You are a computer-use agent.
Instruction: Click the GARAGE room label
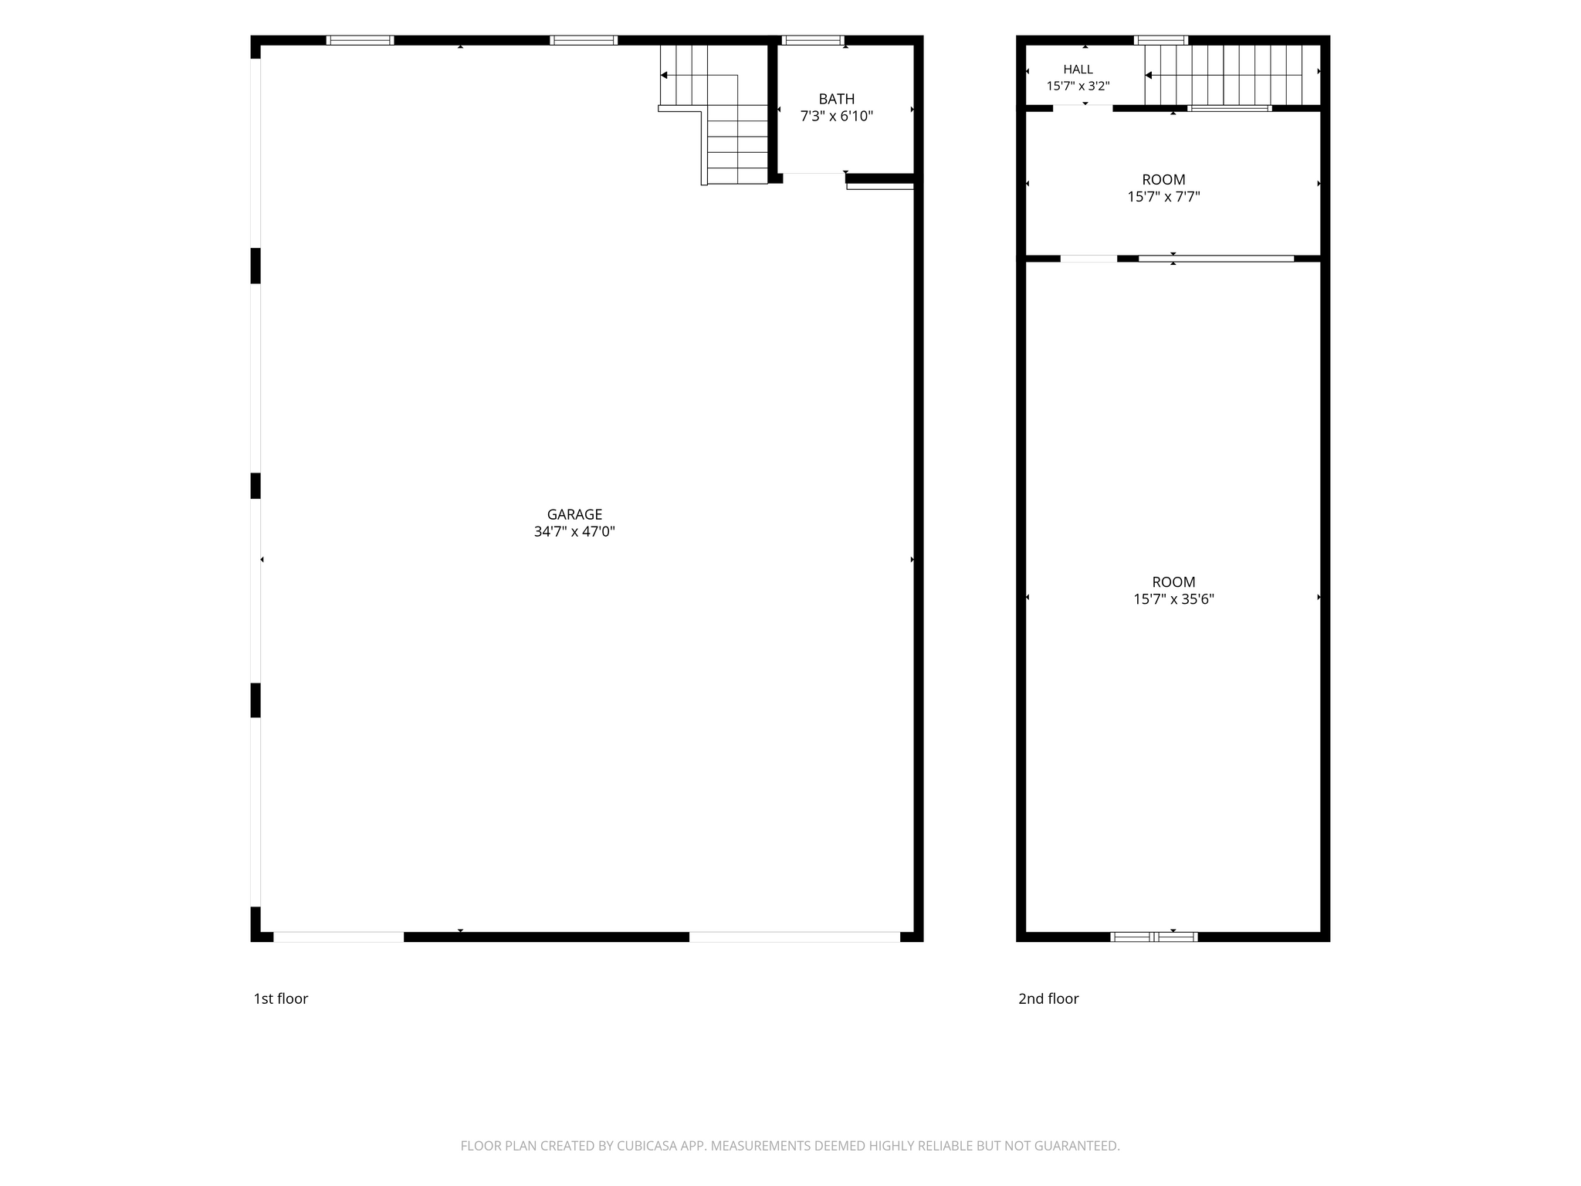[574, 514]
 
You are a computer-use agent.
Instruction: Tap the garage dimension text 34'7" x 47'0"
[574, 531]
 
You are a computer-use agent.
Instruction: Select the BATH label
[837, 99]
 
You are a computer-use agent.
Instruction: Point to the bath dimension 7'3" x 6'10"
[837, 116]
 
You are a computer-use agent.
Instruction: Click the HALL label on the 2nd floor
[1078, 69]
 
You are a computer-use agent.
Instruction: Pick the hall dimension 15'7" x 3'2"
[1078, 86]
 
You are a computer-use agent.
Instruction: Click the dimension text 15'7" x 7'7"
[1163, 196]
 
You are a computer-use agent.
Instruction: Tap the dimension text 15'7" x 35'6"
[1173, 599]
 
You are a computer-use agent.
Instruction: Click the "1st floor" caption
[281, 998]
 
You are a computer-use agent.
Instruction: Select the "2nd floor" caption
[1048, 998]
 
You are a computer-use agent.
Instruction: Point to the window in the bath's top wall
[813, 40]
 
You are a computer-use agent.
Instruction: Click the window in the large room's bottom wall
[1154, 937]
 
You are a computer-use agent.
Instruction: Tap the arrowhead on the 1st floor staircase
[664, 75]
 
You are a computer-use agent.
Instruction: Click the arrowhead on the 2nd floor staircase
[1149, 75]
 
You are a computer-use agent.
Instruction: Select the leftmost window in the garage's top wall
[360, 40]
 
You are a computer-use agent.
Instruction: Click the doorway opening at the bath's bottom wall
[814, 178]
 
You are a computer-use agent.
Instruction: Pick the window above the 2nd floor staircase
[1160, 40]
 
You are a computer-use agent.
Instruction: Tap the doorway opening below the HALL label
[1083, 108]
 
